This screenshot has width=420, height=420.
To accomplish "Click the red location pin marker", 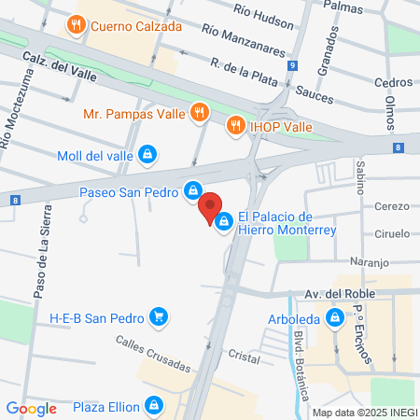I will (211, 206).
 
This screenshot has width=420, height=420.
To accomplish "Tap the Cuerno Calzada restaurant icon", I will (76, 24).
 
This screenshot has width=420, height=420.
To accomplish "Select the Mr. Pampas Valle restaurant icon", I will (198, 114).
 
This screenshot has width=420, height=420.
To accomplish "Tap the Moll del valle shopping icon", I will (147, 154).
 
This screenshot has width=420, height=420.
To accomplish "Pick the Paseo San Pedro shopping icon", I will (192, 189).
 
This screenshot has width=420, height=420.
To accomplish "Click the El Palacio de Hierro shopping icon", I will (224, 221).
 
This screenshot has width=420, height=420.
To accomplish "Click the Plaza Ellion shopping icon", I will (154, 406).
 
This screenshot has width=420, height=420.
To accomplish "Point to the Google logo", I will (31, 408).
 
